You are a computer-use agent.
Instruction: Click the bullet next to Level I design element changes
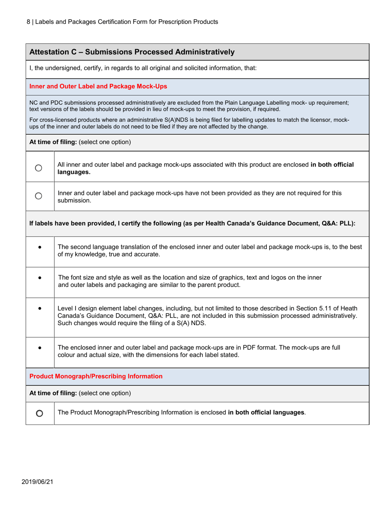[x=39, y=308]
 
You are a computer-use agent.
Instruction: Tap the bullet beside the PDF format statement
[x=39, y=347]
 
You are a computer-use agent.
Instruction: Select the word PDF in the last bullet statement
[x=252, y=347]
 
